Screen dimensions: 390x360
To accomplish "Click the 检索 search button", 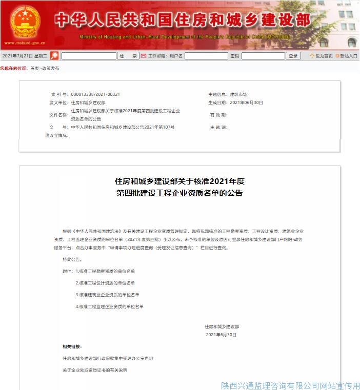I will (x=128, y=56).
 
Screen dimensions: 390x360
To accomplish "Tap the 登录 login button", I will (x=293, y=56).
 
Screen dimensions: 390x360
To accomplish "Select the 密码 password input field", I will (x=263, y=56).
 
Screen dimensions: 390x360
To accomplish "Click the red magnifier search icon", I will (x=54, y=56).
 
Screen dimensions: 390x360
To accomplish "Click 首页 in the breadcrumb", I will (x=34, y=68).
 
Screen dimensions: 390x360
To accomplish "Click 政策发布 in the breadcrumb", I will (x=51, y=68).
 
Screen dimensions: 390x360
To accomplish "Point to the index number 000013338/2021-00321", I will (x=95, y=94).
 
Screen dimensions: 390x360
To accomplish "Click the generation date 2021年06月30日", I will (x=246, y=102).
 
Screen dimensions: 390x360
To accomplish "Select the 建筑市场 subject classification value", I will (x=238, y=94).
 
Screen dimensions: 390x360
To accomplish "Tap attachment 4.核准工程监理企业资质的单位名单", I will (x=109, y=306).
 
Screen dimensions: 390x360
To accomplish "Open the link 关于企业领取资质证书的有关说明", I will (x=94, y=370).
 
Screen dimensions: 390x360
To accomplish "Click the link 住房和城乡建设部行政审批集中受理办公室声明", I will (x=108, y=358).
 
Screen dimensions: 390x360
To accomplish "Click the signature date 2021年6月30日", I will (x=221, y=335).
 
